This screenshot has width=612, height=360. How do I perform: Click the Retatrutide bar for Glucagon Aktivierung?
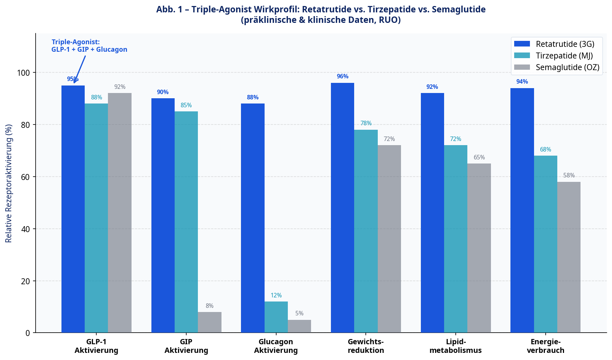click(253, 218)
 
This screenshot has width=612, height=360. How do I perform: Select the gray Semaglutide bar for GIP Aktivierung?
click(209, 322)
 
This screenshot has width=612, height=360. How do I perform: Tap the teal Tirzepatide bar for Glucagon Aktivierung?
click(276, 317)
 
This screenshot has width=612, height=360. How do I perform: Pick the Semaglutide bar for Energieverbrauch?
click(569, 257)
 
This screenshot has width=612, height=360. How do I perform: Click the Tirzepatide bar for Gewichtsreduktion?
click(366, 231)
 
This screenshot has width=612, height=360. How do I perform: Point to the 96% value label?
click(343, 76)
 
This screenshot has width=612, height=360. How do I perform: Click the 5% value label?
click(299, 313)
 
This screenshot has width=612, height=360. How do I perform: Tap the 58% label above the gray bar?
click(569, 175)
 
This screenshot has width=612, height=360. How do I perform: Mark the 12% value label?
click(276, 295)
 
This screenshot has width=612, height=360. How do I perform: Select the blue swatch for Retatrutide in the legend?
click(522, 44)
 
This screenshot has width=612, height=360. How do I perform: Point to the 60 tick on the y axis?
click(25, 177)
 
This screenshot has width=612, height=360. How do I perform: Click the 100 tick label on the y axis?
click(23, 73)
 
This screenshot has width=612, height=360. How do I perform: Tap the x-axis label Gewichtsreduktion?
click(366, 346)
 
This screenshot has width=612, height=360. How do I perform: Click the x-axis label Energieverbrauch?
click(545, 346)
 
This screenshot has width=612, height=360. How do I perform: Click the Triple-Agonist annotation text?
click(89, 46)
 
